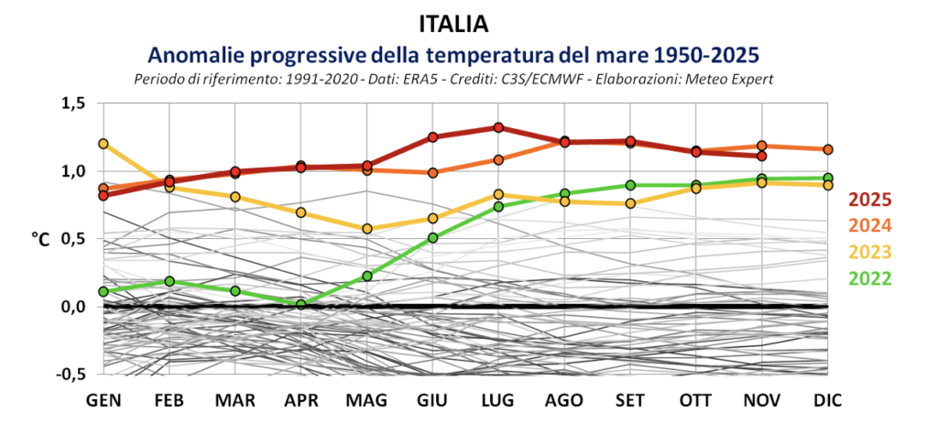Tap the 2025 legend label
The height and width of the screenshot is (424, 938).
tap(870, 200)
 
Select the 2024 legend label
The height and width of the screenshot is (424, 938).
tap(870, 226)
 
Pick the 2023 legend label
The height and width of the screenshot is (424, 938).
tap(870, 253)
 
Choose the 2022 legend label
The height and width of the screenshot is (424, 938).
tap(870, 279)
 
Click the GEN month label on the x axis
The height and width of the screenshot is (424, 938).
tap(104, 401)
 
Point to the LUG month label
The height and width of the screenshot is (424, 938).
tap(497, 401)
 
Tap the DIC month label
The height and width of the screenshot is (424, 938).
tap(827, 401)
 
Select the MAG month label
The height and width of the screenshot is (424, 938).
tap(367, 401)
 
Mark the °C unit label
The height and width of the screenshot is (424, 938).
tap(41, 240)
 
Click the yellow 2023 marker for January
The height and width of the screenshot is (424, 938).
tap(104, 144)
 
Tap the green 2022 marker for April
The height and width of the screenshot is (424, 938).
tap(301, 304)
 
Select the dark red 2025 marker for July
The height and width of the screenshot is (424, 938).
tap(498, 127)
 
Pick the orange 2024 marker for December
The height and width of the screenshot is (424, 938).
tap(827, 149)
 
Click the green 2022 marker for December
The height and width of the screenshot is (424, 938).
tap(827, 178)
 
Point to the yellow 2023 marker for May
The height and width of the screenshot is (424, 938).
tap(367, 229)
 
